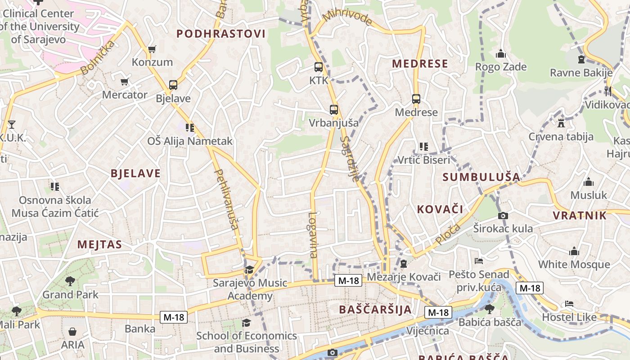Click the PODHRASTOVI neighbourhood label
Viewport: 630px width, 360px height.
click(220, 34)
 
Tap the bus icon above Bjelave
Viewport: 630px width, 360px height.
click(173, 85)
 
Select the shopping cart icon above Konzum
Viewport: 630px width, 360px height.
click(152, 49)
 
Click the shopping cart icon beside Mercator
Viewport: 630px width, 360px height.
click(125, 82)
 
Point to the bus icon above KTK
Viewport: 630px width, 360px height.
click(319, 67)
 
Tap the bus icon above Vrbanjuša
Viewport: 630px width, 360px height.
click(333, 109)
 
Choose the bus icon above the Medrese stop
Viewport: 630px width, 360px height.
click(416, 99)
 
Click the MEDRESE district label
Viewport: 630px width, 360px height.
click(420, 64)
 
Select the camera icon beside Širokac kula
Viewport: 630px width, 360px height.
click(503, 216)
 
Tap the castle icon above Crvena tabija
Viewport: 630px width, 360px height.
click(561, 123)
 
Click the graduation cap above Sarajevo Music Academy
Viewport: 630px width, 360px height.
click(249, 270)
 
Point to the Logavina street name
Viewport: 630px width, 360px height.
click(313, 234)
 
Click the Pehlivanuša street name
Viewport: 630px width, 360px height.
click(226, 199)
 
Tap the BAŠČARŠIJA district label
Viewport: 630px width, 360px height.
click(375, 310)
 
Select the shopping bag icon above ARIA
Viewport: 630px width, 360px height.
click(72, 332)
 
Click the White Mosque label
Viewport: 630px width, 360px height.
click(574, 264)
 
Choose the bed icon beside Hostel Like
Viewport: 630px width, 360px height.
click(569, 304)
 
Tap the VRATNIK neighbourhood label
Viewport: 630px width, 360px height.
click(580, 216)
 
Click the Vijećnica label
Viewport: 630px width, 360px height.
click(427, 331)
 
